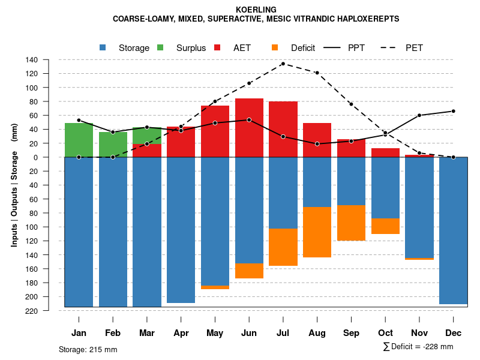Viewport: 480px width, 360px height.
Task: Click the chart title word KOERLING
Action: click(256, 10)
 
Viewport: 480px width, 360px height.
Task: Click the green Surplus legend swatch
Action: click(160, 47)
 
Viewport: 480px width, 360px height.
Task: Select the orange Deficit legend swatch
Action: click(275, 47)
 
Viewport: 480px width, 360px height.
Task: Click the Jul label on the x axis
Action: click(283, 333)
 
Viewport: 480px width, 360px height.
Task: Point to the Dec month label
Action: click(454, 333)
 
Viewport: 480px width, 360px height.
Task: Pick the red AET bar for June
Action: click(249, 128)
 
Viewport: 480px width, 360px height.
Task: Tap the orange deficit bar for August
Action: click(317, 232)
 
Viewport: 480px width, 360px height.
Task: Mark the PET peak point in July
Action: click(283, 64)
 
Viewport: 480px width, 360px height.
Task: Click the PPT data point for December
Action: click(454, 111)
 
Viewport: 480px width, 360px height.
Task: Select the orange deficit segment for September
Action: click(352, 223)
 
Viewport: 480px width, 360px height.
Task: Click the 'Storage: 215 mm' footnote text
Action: click(88, 349)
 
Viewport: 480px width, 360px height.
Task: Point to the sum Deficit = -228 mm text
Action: click(418, 347)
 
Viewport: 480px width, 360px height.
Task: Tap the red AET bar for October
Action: click(386, 152)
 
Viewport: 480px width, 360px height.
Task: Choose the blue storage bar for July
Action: click(283, 193)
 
